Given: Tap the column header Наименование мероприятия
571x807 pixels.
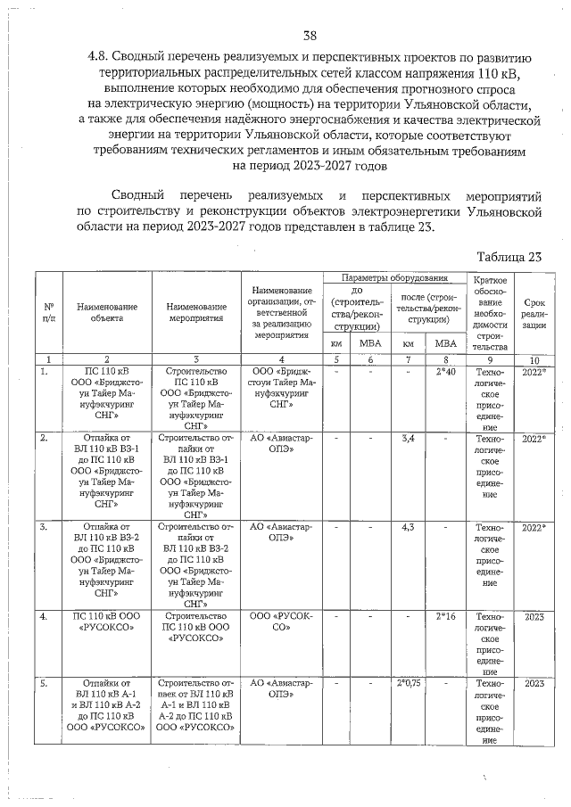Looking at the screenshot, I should [195, 311].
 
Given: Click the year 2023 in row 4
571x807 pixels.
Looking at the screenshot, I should [534, 616].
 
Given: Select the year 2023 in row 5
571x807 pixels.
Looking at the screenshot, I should [534, 683].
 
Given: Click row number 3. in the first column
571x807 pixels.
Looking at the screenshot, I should [43, 527].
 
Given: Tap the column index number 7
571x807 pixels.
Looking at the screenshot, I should [409, 358].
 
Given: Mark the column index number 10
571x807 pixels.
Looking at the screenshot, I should [534, 358].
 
